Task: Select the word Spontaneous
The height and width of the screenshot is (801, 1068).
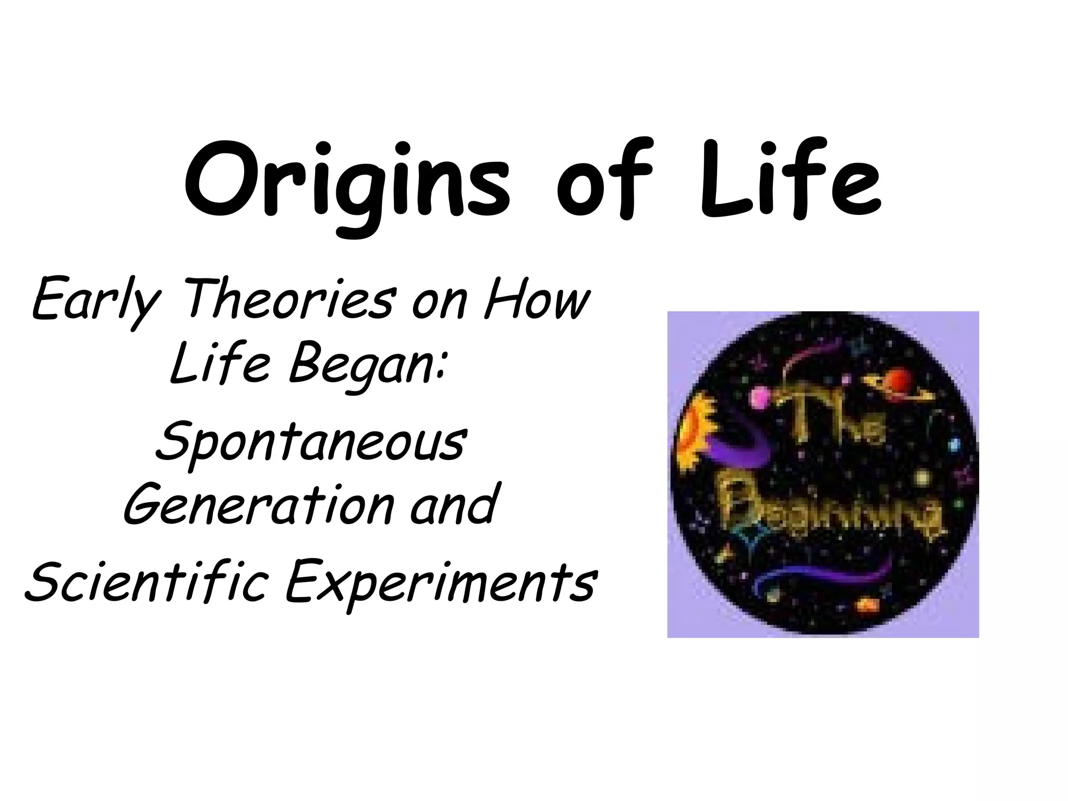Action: coord(310,443)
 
